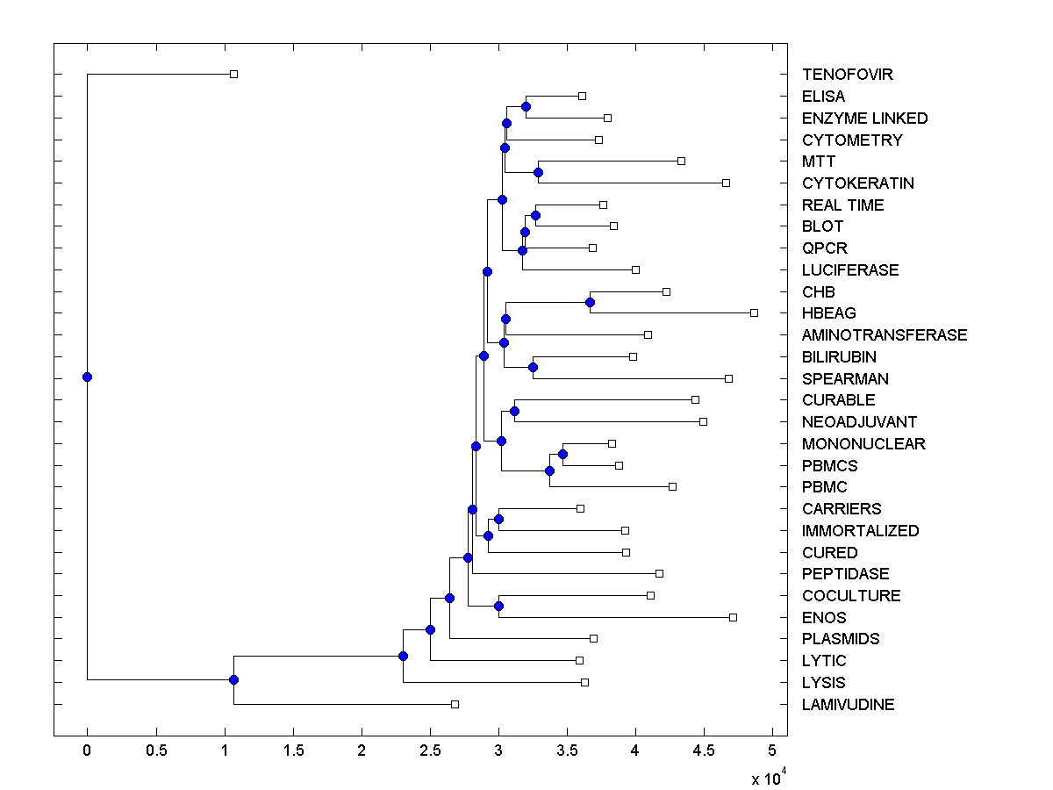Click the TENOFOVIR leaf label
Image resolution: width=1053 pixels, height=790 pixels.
click(847, 75)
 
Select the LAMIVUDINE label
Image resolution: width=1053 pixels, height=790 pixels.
click(848, 705)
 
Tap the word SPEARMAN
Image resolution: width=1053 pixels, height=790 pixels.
click(845, 379)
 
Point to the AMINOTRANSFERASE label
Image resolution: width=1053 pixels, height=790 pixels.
click(885, 335)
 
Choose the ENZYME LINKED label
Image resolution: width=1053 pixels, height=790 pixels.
click(864, 118)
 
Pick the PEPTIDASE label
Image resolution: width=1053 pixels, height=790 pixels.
click(845, 574)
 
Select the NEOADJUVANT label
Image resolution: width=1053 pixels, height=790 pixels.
click(859, 422)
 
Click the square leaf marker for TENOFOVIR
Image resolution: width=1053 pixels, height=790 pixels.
click(233, 74)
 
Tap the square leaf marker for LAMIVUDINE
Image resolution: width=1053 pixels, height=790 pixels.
click(455, 704)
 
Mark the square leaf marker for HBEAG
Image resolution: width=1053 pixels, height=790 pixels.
click(754, 312)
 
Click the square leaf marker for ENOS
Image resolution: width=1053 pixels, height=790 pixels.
click(733, 617)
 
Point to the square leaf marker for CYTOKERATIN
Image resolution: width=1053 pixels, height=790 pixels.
click(726, 183)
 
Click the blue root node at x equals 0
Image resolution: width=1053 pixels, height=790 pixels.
click(87, 377)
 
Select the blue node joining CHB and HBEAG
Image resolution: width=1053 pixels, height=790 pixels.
click(590, 302)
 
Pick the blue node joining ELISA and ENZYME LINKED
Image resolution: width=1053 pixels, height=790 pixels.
click(526, 107)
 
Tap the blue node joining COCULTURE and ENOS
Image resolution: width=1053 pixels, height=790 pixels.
click(498, 606)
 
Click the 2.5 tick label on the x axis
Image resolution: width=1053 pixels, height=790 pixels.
click(430, 750)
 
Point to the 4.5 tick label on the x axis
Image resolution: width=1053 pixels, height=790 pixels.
click(704, 750)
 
